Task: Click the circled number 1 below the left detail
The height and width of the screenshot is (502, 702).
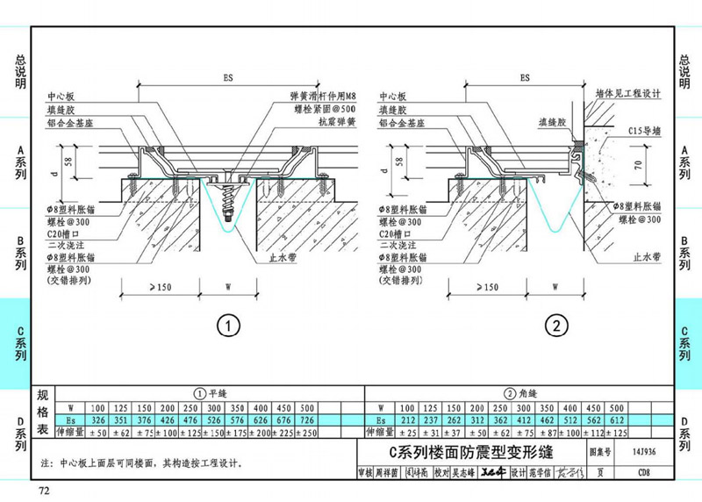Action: tap(228, 327)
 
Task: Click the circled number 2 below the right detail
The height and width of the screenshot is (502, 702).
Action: tap(556, 327)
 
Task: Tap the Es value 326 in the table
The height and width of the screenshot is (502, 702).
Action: tap(97, 420)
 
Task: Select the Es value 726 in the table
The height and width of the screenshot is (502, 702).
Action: tap(307, 420)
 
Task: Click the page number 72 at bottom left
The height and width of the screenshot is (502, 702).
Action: tap(42, 489)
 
